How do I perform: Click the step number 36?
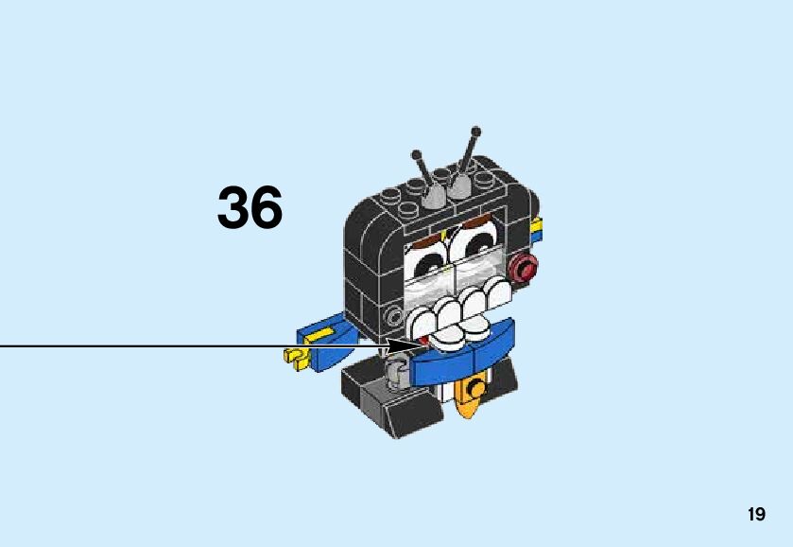250,208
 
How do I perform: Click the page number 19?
756,515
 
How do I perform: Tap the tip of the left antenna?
415,152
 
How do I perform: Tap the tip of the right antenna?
475,132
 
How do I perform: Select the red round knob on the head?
522,269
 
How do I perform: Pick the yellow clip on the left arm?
297,358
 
